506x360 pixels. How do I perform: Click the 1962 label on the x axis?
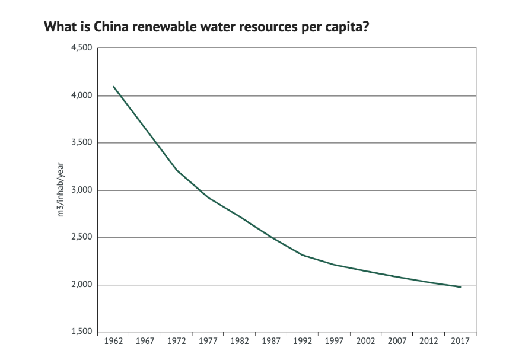113,341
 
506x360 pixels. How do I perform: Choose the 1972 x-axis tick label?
176,341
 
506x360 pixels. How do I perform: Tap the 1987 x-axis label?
271,341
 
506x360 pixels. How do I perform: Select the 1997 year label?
334,341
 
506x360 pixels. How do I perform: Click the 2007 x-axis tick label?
397,341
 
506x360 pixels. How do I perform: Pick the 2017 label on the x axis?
460,341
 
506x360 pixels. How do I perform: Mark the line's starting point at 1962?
113,87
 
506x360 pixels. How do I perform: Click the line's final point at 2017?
460,287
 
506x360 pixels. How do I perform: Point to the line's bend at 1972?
176,170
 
